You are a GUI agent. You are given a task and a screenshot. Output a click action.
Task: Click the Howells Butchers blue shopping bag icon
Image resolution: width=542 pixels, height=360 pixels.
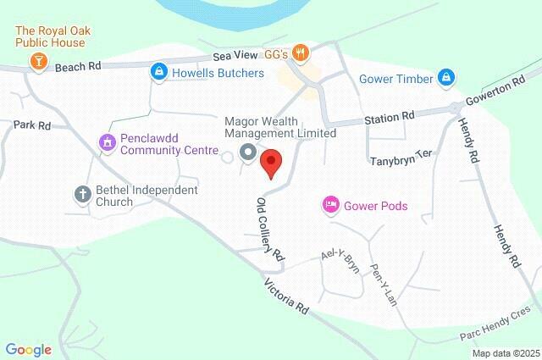pos(157,74)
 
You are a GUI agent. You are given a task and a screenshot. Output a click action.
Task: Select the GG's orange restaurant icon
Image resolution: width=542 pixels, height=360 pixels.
pos(300,54)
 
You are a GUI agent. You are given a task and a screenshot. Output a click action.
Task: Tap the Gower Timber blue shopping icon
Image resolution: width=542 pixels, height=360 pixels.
pos(446,79)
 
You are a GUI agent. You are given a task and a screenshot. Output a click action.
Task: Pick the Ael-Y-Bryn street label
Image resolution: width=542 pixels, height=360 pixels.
pos(340,259)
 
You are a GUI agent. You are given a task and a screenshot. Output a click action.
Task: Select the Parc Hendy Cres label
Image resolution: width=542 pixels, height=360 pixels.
pos(500,323)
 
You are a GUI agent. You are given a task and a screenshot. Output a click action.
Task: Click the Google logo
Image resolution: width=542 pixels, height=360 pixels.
pos(29,349)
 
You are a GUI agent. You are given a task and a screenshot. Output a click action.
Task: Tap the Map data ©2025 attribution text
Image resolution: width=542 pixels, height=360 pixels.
pos(506,353)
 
